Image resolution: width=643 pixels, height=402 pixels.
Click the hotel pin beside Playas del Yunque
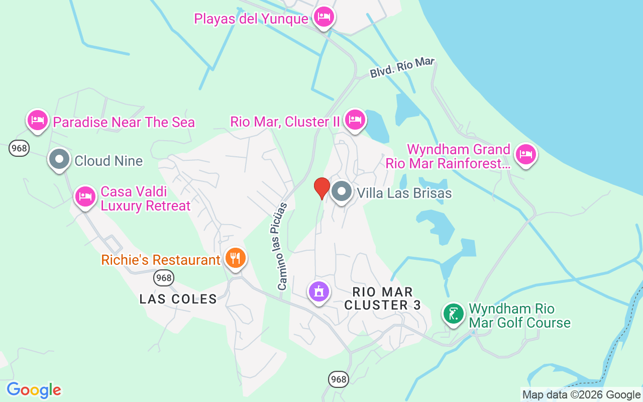tap(324, 18)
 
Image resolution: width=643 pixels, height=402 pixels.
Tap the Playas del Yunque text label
tap(251, 19)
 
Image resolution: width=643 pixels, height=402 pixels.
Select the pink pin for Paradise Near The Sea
tap(38, 121)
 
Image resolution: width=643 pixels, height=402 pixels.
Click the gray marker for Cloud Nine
tap(59, 160)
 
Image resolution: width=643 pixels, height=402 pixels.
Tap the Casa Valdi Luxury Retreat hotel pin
tap(85, 196)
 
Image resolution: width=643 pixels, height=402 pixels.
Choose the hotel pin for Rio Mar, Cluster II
tap(355, 120)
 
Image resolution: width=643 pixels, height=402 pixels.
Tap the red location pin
tap(321, 187)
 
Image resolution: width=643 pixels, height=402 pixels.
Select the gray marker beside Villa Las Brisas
tap(342, 191)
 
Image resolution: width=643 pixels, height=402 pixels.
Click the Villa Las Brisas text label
tap(404, 193)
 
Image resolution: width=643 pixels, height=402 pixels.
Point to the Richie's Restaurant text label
tap(161, 260)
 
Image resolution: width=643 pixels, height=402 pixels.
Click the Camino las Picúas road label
tap(282, 246)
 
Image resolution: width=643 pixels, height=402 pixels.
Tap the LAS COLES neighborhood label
tap(178, 299)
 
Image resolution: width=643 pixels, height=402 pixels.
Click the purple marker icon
tap(318, 291)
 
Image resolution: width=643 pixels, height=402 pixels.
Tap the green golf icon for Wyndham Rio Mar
tap(454, 315)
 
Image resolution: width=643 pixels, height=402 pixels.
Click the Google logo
tap(34, 390)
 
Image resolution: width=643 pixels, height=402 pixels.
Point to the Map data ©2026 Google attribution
tap(581, 395)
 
